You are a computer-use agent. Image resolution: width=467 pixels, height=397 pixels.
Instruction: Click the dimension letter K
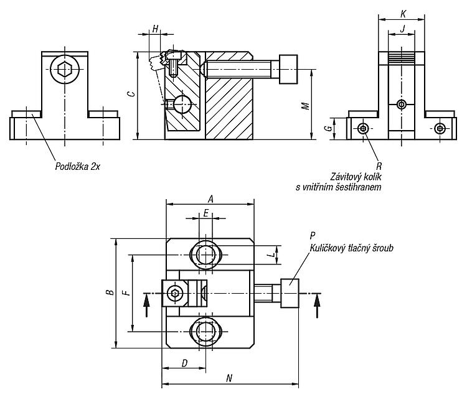click(x=403, y=14)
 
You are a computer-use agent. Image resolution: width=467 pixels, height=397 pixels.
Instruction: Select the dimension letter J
click(x=403, y=29)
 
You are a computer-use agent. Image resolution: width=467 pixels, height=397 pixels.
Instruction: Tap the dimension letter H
click(x=155, y=29)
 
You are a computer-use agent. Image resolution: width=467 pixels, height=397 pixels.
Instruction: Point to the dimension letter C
click(x=131, y=94)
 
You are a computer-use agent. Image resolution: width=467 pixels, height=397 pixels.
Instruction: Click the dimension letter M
click(x=305, y=106)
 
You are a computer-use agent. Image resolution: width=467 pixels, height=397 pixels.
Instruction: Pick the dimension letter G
click(x=328, y=128)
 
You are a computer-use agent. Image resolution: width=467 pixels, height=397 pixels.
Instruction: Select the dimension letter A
click(x=210, y=198)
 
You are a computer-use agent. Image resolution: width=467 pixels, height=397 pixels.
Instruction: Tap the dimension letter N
click(x=229, y=378)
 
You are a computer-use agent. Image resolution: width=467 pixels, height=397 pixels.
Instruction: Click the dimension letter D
click(x=185, y=363)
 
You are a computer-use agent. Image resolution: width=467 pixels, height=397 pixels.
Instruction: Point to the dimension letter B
click(x=110, y=292)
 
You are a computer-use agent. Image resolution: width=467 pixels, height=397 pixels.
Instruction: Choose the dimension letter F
click(x=127, y=293)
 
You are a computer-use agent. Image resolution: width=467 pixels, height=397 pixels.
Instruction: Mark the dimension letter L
click(x=271, y=255)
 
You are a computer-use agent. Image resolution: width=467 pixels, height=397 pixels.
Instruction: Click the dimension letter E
click(x=206, y=213)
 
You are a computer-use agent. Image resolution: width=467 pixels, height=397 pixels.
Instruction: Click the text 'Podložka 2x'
click(x=77, y=166)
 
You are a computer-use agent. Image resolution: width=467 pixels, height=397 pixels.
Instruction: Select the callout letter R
click(x=379, y=166)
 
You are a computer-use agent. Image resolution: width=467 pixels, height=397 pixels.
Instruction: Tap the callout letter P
click(x=313, y=235)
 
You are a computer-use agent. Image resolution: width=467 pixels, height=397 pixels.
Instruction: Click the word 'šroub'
click(x=382, y=248)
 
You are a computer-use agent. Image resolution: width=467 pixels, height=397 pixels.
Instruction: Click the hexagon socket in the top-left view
click(x=64, y=70)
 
